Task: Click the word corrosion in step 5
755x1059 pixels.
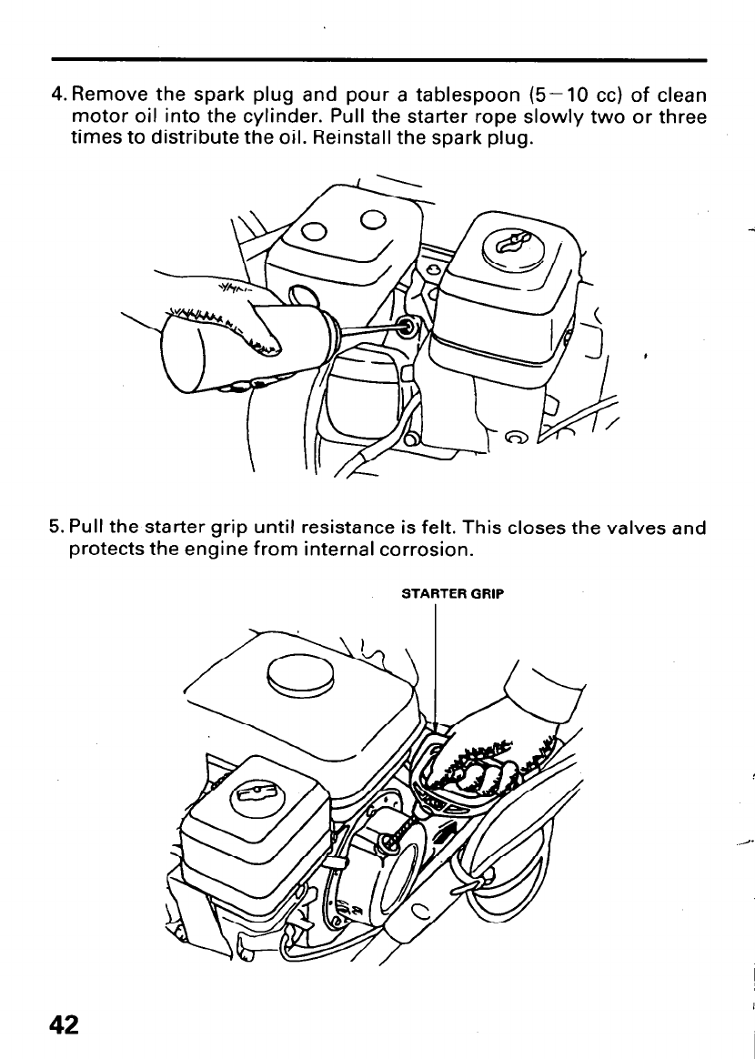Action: pos(421,550)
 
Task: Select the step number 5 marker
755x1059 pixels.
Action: pos(55,528)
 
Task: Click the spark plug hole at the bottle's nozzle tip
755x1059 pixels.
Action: pos(406,325)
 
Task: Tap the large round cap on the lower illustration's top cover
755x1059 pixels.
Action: pos(300,673)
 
